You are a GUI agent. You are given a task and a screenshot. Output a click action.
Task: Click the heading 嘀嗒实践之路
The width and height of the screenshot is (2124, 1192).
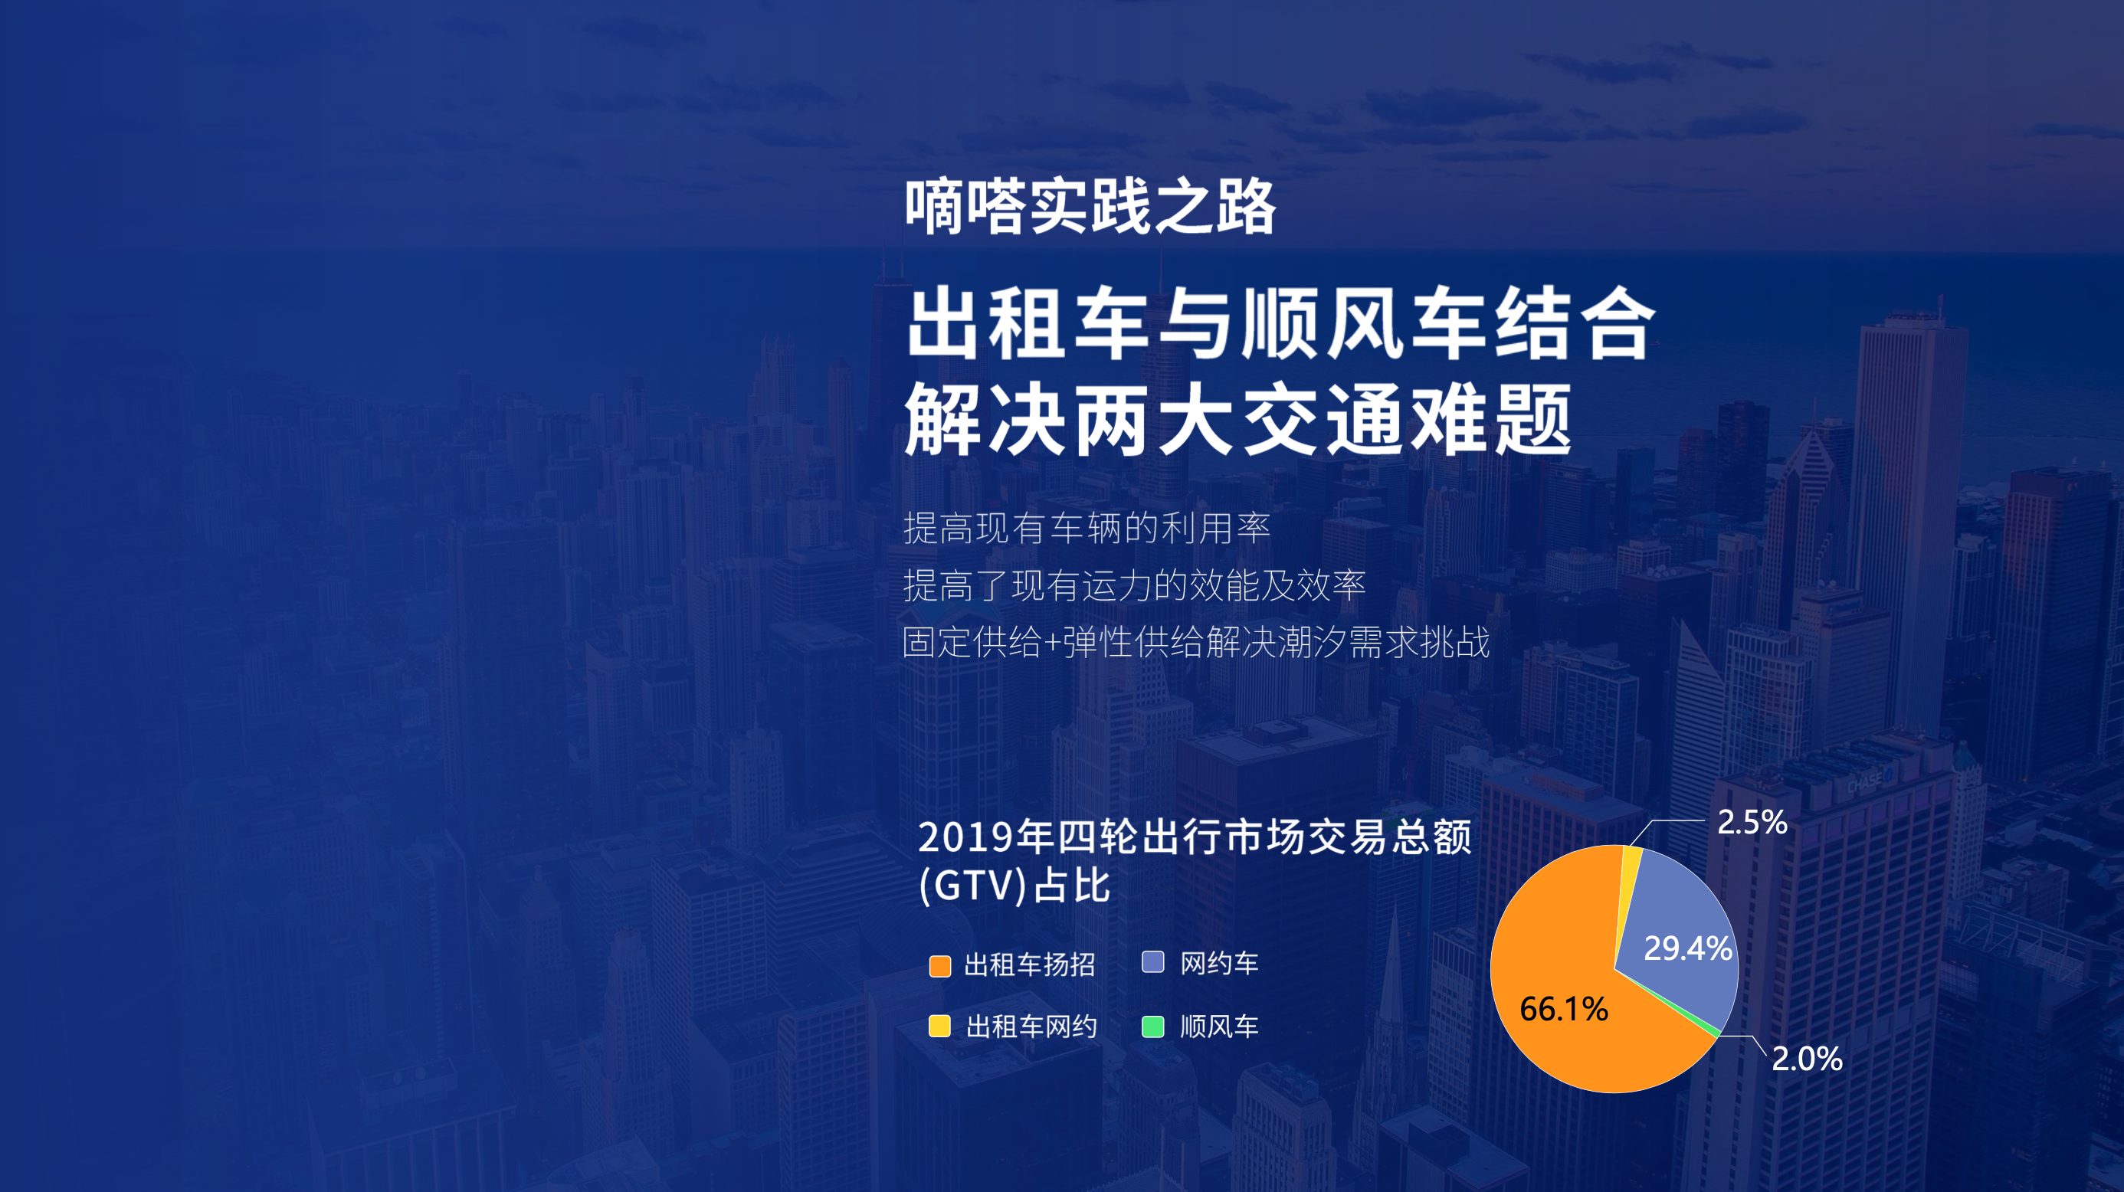point(1090,206)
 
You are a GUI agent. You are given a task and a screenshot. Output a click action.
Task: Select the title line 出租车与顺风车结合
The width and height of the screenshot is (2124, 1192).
point(1280,323)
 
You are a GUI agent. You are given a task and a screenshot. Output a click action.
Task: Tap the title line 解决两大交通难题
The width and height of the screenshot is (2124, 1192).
point(1238,420)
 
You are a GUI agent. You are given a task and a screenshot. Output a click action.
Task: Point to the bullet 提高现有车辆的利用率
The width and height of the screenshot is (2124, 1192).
point(1087,529)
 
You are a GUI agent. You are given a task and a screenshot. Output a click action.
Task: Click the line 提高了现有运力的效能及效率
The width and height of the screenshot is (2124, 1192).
point(1135,585)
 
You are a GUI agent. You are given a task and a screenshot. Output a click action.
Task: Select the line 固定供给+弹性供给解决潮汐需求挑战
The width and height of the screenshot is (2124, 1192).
point(1195,642)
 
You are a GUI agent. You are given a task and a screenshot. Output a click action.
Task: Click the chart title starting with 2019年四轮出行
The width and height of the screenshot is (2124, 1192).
point(1194,837)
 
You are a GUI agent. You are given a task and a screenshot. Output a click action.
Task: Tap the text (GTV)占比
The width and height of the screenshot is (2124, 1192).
point(1015,886)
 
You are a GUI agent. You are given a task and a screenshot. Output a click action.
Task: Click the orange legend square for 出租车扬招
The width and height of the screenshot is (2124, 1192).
point(940,965)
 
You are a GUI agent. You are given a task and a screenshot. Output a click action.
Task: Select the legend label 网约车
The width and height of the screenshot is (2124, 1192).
point(1218,963)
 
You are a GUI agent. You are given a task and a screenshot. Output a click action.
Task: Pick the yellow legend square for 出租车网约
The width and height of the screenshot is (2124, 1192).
point(940,1026)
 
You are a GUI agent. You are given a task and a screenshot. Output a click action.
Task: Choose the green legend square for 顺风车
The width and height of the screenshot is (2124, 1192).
point(1152,1027)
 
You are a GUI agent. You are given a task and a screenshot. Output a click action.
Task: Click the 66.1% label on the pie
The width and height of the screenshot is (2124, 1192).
point(1564,1009)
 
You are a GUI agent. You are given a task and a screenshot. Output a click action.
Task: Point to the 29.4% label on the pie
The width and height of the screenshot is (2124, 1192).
point(1688,948)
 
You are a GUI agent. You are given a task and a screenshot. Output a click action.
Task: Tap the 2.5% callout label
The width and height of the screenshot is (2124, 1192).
point(1752,822)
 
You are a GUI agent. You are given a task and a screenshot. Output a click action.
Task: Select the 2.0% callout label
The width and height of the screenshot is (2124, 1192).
point(1807,1059)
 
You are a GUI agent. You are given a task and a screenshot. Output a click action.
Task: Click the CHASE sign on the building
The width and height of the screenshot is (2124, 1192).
point(1864,781)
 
